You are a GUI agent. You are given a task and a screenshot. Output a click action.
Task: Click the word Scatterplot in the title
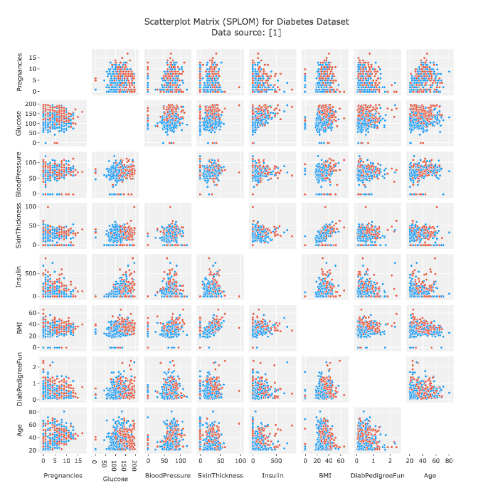(169, 22)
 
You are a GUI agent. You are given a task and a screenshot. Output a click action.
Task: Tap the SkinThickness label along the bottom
(221, 475)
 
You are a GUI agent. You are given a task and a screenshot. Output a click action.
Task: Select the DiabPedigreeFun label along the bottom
(377, 475)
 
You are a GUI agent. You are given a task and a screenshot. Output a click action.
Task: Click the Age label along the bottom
(429, 475)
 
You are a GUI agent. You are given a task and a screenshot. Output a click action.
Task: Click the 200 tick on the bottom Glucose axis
(136, 461)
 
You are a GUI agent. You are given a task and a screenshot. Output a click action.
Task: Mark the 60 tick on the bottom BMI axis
(341, 461)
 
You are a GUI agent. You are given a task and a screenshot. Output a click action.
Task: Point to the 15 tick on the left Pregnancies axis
(35, 57)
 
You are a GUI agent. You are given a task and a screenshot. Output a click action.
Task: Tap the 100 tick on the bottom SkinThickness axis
(239, 461)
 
